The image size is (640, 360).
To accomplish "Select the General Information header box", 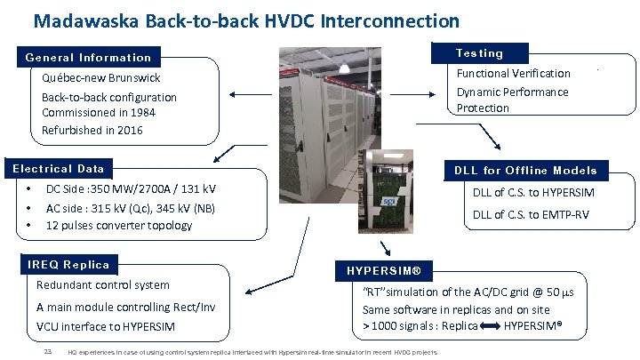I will pos(89,58).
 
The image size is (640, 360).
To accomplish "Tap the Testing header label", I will pos(479,53).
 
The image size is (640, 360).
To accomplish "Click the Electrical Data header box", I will pos(59,169).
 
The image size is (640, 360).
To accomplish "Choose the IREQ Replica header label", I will pos(68,265).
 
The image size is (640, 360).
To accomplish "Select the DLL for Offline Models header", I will pos(525,171).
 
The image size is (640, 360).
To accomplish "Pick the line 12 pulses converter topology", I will pos(118,225).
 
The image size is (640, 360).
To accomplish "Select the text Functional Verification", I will pos(513,74).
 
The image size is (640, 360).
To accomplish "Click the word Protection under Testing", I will pos(483,108).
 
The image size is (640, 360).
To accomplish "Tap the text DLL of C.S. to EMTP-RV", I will pos(530,214).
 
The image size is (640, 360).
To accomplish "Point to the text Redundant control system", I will pos(102,285).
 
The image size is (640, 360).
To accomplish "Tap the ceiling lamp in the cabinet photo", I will pos(343,66).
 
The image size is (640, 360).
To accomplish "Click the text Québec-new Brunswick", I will pos(100,78).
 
